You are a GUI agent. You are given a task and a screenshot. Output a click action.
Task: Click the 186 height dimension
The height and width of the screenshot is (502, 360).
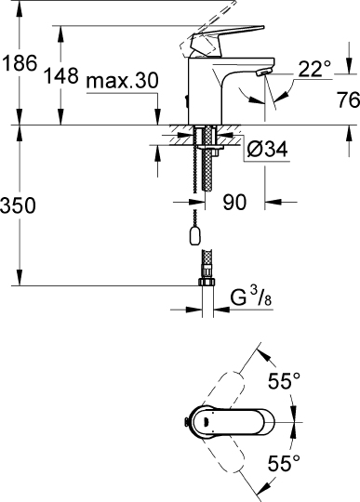[x=20, y=65]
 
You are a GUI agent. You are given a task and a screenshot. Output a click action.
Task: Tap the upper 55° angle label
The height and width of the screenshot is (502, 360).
[x=284, y=380]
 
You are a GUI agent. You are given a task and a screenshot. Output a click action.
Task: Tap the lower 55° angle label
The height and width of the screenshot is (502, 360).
[x=284, y=461]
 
